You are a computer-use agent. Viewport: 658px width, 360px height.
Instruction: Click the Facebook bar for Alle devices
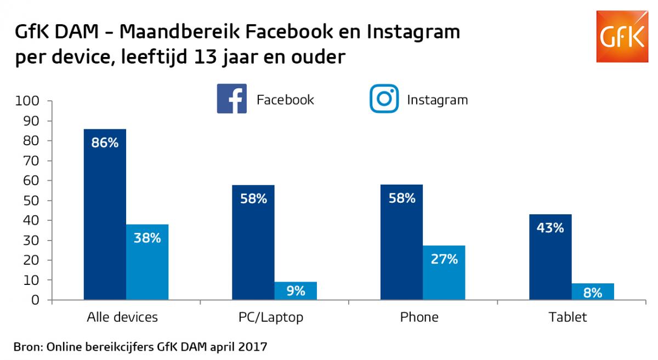click(x=105, y=219)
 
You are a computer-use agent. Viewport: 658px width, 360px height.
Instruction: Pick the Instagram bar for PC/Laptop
click(x=296, y=291)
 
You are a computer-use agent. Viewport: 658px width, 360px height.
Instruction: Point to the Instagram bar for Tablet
click(x=593, y=292)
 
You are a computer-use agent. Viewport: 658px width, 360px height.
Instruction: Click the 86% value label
click(x=105, y=144)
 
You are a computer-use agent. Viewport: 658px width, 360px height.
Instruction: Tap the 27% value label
click(x=444, y=259)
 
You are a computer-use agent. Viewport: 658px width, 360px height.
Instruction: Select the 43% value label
click(x=551, y=228)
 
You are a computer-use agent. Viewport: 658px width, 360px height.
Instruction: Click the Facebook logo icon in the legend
click(x=231, y=99)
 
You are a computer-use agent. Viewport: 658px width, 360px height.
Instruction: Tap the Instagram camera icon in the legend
click(x=384, y=99)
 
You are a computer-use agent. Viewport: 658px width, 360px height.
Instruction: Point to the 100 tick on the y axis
click(x=29, y=101)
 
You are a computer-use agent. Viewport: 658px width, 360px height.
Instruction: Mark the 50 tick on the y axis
click(x=31, y=201)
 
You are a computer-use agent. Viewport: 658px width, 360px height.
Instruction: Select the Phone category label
click(x=419, y=317)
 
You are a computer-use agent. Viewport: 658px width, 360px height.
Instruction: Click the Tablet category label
click(x=568, y=317)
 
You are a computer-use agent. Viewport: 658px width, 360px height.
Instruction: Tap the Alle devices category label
click(x=122, y=317)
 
